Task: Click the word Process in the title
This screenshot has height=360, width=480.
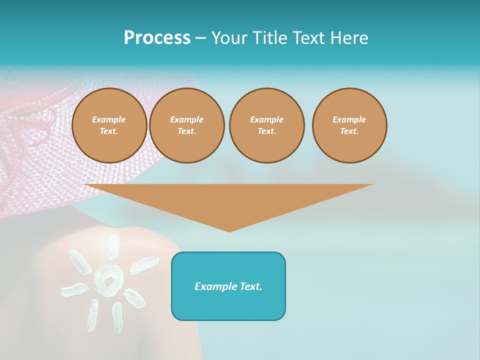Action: [157, 38]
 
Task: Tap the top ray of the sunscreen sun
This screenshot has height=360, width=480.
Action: [114, 246]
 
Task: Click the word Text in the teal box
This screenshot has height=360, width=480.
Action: [250, 286]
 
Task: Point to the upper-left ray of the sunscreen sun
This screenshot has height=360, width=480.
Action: [79, 261]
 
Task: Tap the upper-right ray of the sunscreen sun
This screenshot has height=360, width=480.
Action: [144, 265]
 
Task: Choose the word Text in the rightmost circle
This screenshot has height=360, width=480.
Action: [349, 131]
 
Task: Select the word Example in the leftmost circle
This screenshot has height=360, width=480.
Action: [109, 119]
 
